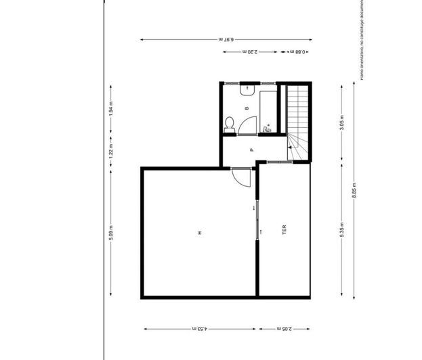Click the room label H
200,233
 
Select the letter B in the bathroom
247,108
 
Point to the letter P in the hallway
251,150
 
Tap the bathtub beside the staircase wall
268,108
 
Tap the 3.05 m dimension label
342,123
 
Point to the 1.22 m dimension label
110,153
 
